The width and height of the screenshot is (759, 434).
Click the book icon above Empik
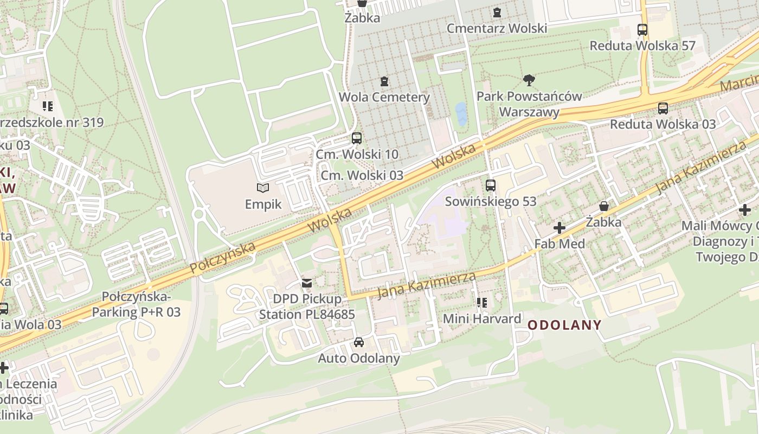263,188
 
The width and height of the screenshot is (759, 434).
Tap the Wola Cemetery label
384,98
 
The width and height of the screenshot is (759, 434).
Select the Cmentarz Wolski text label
497,28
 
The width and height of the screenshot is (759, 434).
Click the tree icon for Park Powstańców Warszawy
529,81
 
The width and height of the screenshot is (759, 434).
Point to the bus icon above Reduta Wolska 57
642,30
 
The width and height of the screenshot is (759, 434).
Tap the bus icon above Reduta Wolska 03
662,108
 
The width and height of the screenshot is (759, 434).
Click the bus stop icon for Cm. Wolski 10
356,138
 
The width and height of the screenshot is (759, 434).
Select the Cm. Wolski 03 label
362,175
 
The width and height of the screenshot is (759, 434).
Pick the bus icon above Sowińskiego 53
491,186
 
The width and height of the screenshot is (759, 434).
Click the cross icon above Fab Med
559,228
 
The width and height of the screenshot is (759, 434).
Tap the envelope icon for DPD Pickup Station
307,283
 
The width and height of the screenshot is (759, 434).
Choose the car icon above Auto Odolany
358,342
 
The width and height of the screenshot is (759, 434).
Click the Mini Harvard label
482,318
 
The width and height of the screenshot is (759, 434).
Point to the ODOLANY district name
564,325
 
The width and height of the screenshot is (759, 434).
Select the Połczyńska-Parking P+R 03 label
136,304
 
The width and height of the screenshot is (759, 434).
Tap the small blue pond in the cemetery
461,114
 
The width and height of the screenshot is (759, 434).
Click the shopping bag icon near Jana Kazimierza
603,206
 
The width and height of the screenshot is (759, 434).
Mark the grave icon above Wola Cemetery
384,81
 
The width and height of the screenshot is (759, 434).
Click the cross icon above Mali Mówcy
744,209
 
